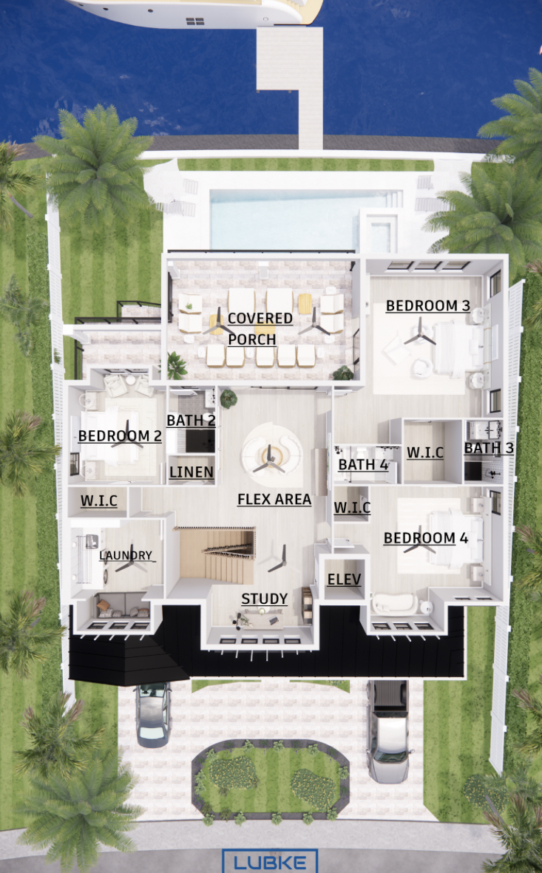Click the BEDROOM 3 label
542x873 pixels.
(x=428, y=306)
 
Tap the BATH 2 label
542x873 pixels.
(x=191, y=421)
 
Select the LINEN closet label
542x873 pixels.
(x=192, y=472)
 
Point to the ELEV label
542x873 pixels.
(x=345, y=580)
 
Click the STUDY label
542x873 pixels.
(x=265, y=599)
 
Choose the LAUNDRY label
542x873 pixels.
(x=126, y=555)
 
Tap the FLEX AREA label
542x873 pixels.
(x=274, y=500)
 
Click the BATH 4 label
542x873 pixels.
(x=363, y=464)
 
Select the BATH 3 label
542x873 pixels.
(x=489, y=448)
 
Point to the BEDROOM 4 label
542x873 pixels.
(x=426, y=538)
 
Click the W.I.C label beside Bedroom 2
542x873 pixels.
(x=99, y=500)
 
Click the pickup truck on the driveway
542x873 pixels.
(x=389, y=731)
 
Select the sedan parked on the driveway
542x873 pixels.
(x=152, y=714)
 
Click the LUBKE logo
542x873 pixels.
(x=270, y=861)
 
